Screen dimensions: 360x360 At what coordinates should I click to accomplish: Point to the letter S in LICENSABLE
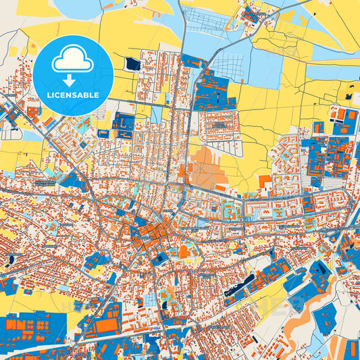78,95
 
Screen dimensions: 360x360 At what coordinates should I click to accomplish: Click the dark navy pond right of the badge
131,63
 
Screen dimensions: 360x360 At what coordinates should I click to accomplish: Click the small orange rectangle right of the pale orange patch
265,181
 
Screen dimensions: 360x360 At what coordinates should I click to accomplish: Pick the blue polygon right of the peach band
326,317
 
